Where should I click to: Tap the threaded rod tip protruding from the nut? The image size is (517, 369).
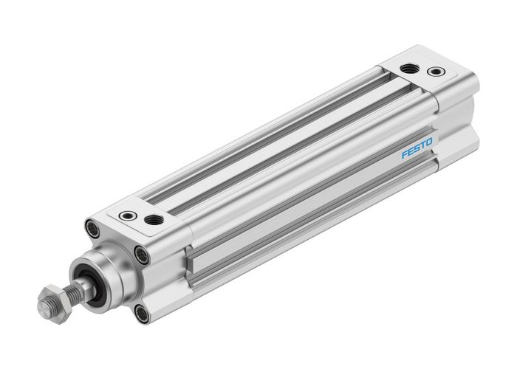tap(41, 303)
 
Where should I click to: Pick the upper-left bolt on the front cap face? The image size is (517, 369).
tap(92, 228)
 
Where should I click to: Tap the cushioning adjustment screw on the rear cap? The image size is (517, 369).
tap(435, 72)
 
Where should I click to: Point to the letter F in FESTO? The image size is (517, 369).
tap(405, 155)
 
